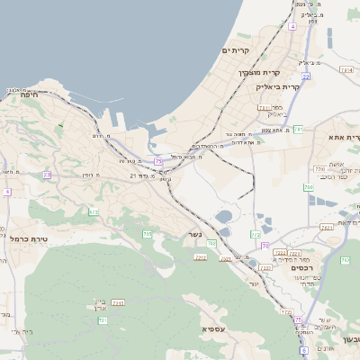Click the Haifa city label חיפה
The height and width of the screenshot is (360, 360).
click(31, 93)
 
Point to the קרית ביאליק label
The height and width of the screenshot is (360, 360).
click(276, 87)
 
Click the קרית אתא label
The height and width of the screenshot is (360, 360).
click(344, 137)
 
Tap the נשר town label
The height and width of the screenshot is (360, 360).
click(194, 235)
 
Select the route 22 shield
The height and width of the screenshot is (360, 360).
click(306, 76)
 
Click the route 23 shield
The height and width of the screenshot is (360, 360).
click(47, 175)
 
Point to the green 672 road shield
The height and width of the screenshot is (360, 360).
click(94, 212)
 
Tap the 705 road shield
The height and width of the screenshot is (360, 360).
click(147, 234)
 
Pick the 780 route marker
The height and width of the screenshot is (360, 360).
click(211, 243)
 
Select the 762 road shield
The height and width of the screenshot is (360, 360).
click(345, 261)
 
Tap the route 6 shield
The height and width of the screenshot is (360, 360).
click(304, 350)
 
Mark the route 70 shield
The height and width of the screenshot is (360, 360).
click(265, 245)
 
